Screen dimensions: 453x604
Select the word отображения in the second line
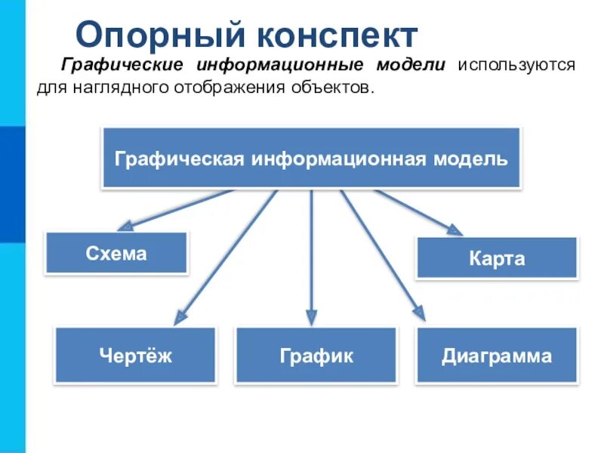point(220,88)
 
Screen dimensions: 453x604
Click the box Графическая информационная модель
point(311,158)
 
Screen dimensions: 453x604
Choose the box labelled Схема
point(116,253)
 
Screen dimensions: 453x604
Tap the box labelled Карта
point(497,259)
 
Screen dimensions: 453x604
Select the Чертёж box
point(135,356)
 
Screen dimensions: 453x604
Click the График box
point(316,356)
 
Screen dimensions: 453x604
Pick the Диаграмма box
point(496,356)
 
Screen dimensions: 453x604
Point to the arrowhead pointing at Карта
point(455,230)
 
